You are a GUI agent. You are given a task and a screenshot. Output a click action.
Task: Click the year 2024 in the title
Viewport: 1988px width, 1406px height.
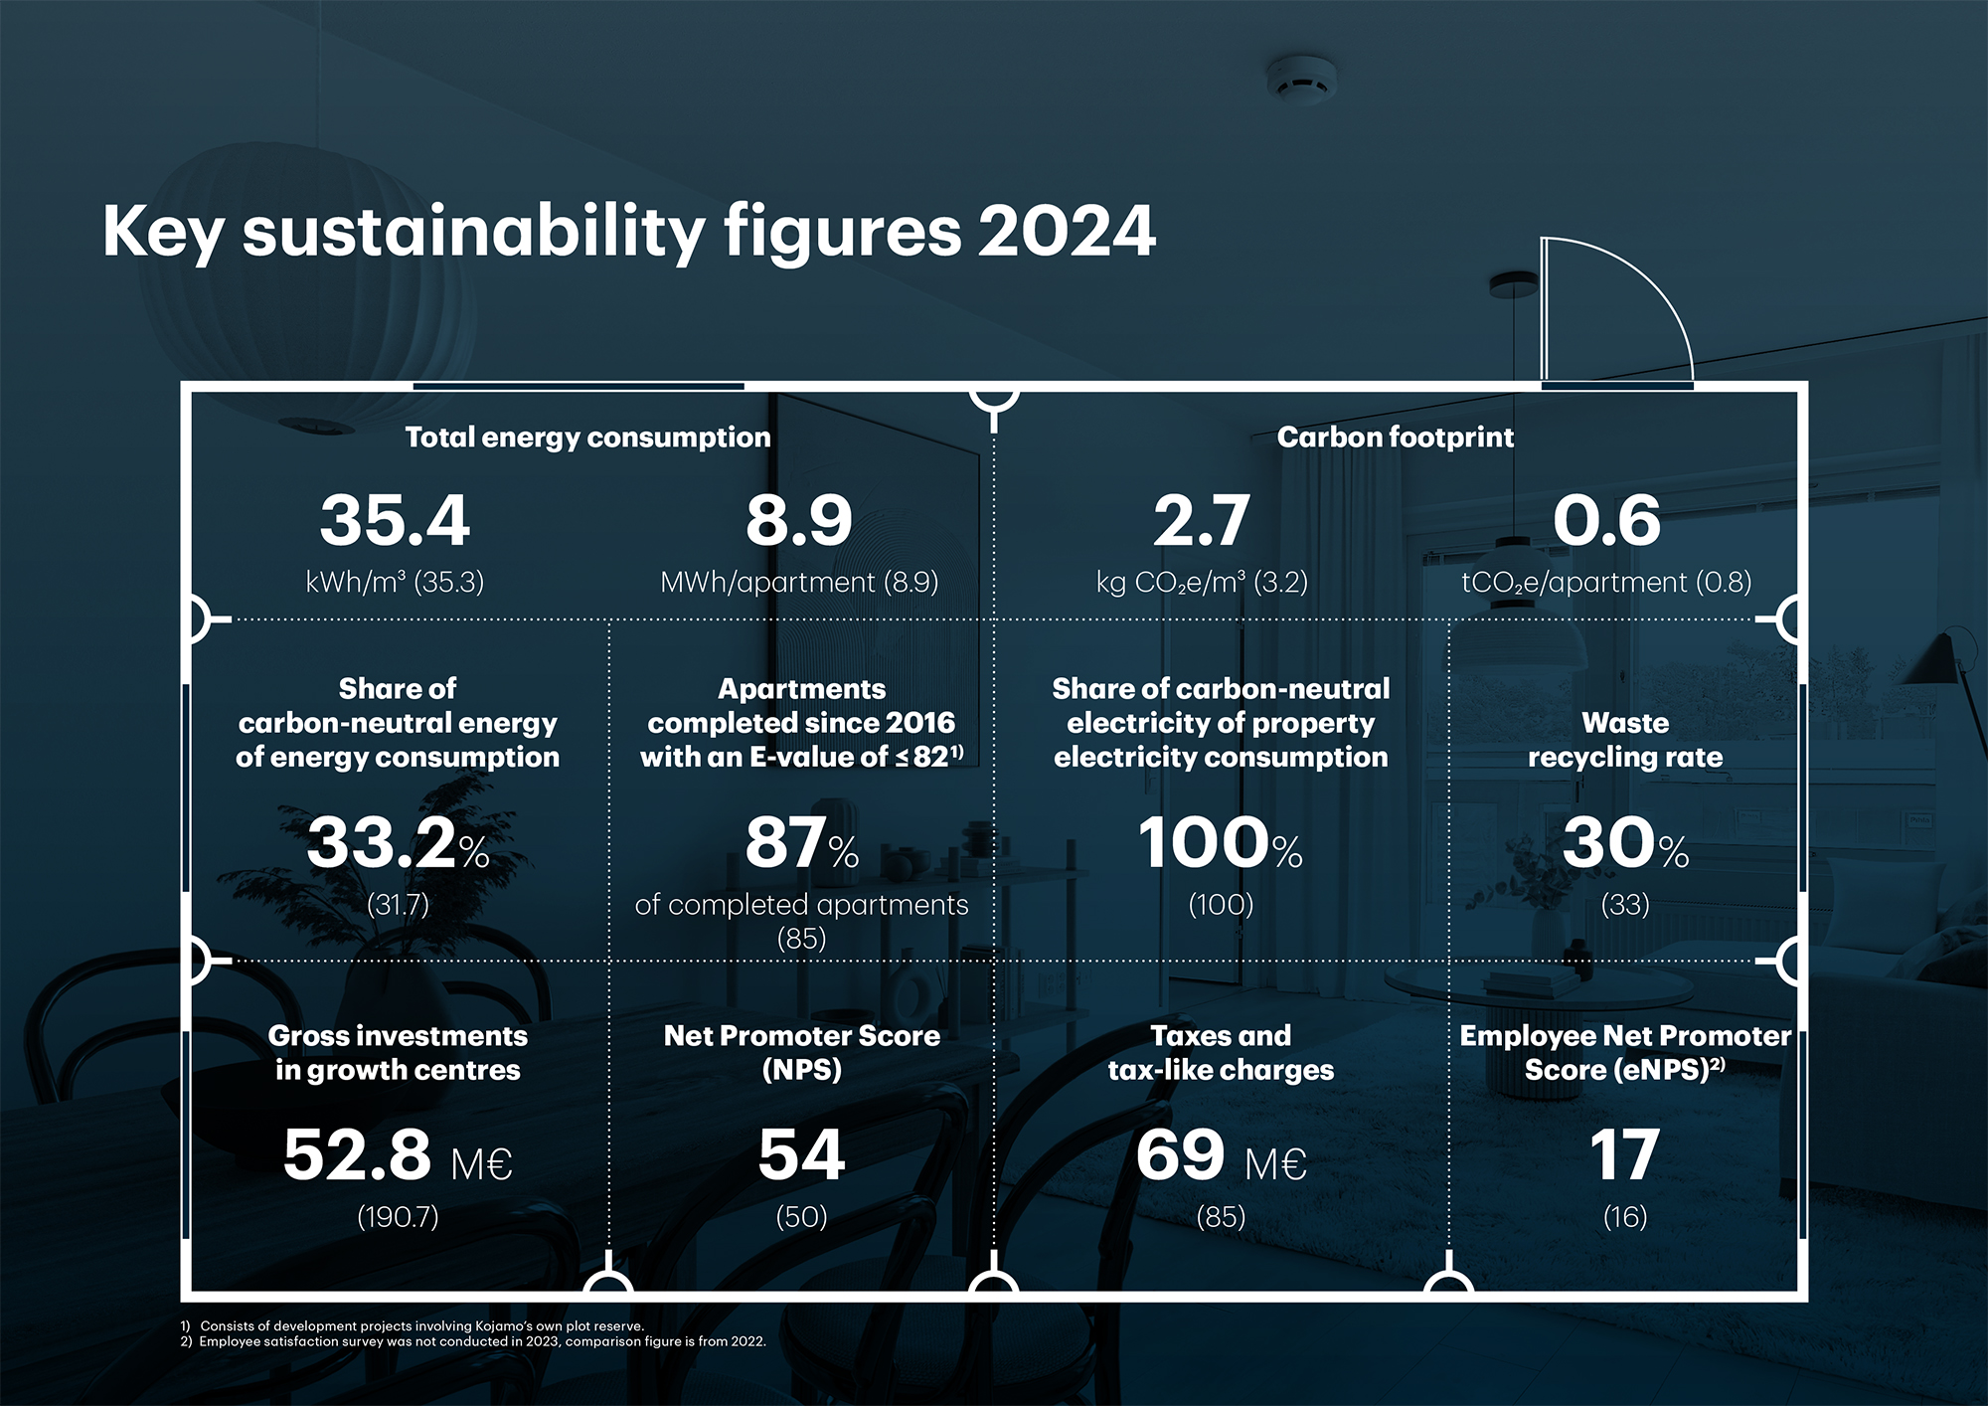[x=1066, y=231]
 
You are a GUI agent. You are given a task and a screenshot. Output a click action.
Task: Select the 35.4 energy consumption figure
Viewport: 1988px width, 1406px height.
[x=395, y=520]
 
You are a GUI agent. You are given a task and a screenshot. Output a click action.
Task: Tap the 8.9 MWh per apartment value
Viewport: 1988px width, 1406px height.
[x=799, y=520]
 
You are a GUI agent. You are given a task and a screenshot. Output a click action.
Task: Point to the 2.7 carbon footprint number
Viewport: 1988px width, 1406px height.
[x=1201, y=520]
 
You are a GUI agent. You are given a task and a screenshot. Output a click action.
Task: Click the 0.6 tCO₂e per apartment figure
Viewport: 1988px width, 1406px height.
[x=1606, y=520]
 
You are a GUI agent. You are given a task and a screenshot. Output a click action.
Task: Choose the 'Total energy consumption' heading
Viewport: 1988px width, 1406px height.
[x=587, y=438]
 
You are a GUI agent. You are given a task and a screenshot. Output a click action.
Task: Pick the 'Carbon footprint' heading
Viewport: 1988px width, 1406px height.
[x=1395, y=438]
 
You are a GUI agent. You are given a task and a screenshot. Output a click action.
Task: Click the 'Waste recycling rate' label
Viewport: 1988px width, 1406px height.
[x=1625, y=740]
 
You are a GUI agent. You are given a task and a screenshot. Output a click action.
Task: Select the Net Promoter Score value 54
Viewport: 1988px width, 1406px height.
[x=801, y=1155]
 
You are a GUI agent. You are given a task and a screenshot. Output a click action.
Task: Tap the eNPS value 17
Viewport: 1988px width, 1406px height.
[x=1624, y=1155]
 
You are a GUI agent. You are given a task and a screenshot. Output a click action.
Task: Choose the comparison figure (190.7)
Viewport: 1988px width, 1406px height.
[x=398, y=1217]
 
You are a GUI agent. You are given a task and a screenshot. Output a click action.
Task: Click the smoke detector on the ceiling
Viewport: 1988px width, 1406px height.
[x=1300, y=79]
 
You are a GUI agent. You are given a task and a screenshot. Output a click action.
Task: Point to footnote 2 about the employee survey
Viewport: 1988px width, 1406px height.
[x=473, y=1341]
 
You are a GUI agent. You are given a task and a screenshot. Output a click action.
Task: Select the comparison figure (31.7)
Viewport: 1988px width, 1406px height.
[x=398, y=905]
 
